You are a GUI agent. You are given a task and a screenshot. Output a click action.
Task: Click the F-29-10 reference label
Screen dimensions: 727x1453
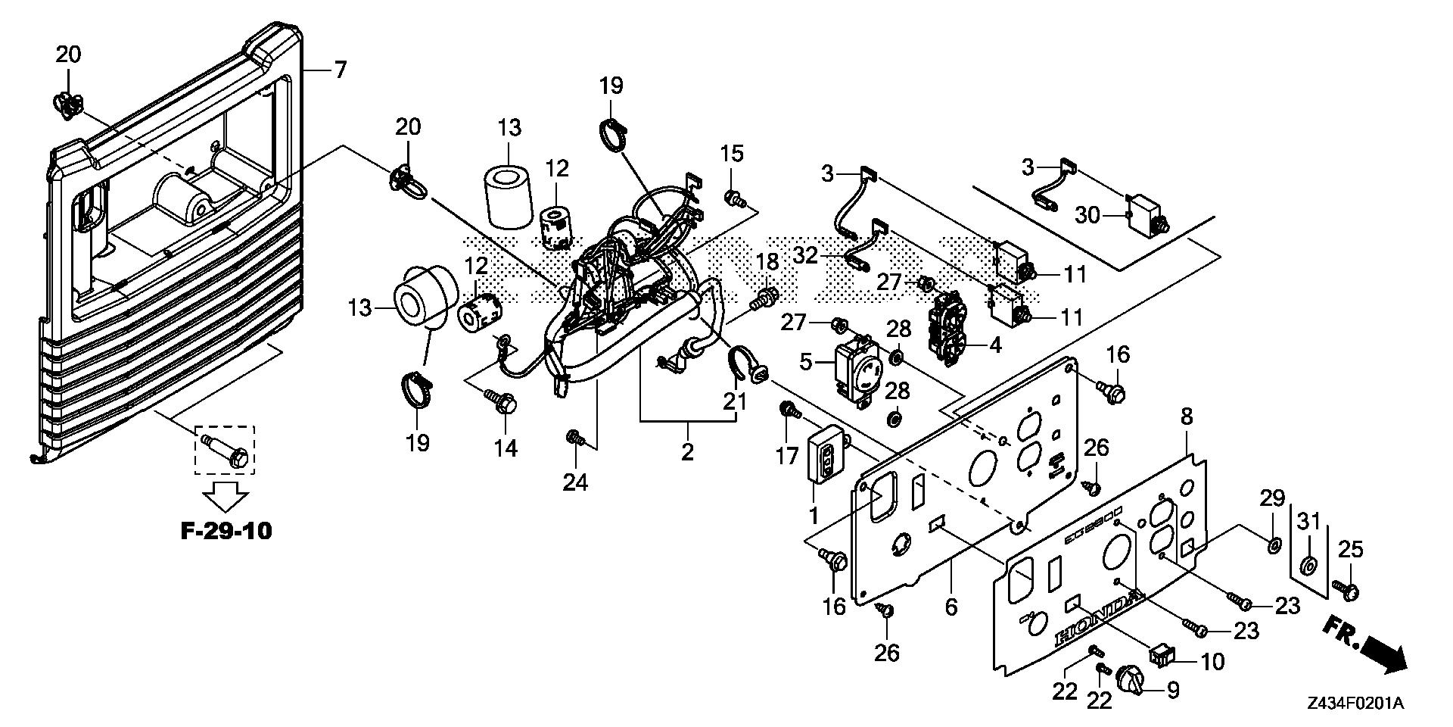point(226,531)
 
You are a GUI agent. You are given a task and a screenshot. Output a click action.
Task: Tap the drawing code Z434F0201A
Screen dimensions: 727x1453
point(1355,704)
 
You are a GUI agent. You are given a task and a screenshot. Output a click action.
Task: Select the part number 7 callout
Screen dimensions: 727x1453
point(340,70)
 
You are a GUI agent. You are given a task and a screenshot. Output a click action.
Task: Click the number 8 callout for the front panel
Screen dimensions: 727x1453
point(1187,417)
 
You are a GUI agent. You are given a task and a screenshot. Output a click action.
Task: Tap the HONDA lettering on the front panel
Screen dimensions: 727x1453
point(1097,621)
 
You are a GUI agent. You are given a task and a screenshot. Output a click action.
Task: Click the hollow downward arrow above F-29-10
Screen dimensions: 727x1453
point(226,496)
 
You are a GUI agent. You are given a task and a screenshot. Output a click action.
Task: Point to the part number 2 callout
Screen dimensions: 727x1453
point(687,452)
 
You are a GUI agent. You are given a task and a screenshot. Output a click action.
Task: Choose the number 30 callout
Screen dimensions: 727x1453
point(1089,216)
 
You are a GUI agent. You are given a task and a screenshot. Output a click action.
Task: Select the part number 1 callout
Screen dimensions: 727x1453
point(814,517)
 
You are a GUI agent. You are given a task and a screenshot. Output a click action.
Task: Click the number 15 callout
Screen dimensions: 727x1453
point(732,154)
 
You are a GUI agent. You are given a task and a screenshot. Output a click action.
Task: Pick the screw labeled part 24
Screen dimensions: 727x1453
point(574,437)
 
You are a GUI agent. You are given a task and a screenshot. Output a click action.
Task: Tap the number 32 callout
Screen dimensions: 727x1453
point(806,255)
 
